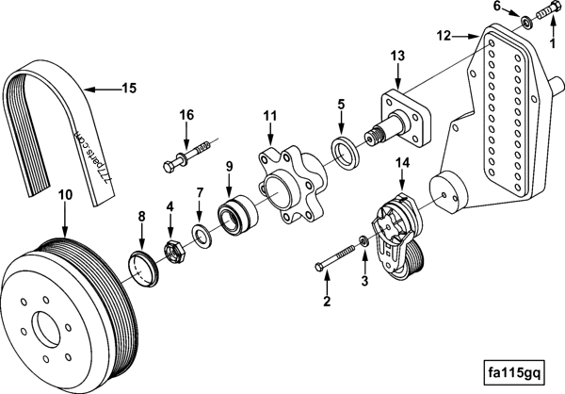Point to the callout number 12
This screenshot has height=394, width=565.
(x=444, y=37)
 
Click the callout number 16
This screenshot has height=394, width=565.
(x=186, y=114)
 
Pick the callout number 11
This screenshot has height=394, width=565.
(x=270, y=115)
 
